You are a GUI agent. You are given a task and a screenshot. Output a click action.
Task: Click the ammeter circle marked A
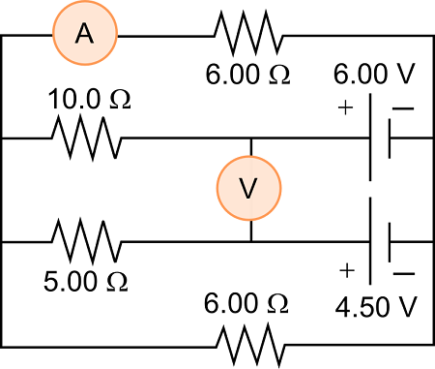[84, 35]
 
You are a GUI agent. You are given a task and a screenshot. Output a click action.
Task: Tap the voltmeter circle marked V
[249, 188]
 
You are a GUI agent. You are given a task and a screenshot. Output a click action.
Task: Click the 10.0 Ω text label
[89, 100]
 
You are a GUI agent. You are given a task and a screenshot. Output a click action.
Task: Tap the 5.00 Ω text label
[85, 282]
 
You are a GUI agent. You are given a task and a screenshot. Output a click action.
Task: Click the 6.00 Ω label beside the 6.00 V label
[246, 74]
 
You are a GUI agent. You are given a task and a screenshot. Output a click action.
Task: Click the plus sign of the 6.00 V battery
[345, 108]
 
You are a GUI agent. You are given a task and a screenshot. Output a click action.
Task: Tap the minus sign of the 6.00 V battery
[405, 108]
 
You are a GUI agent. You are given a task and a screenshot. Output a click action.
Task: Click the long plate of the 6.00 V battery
[371, 138]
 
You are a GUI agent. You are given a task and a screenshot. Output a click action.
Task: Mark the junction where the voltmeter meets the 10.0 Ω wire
[250, 138]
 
